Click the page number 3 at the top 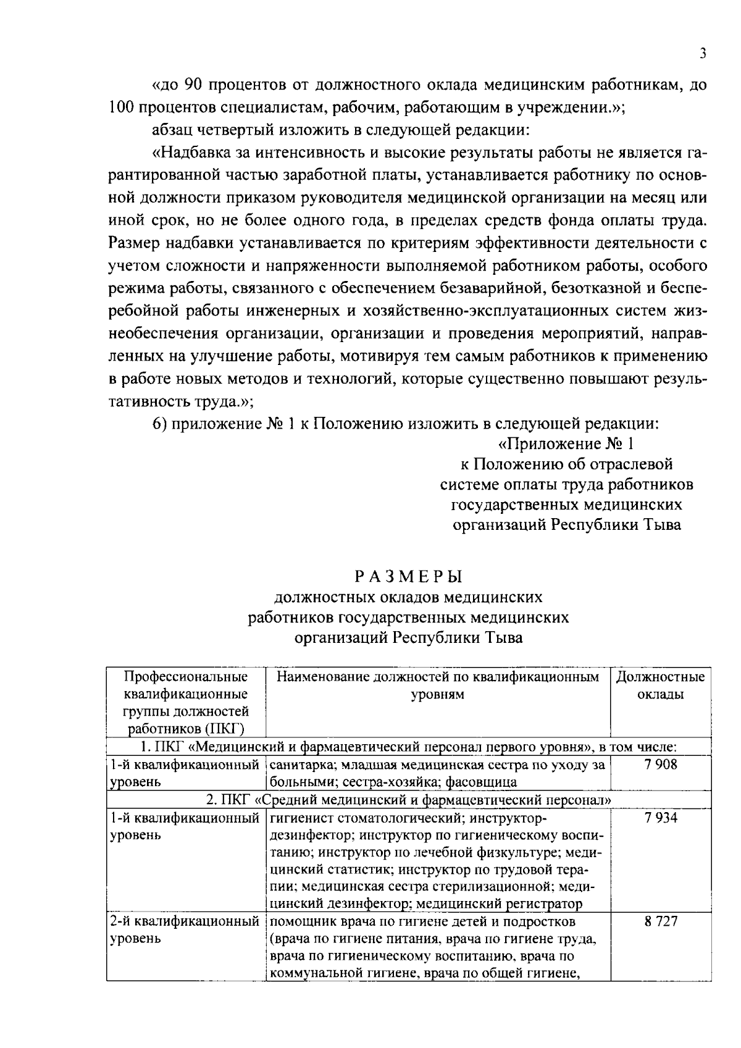click(703, 54)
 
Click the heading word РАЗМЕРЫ click(409, 577)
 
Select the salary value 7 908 click(660, 765)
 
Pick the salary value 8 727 click(660, 922)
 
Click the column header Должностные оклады click(660, 685)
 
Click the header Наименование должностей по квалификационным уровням click(437, 685)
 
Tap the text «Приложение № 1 click(566, 444)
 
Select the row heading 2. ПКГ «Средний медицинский click(408, 800)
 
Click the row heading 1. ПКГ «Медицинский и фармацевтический click(408, 747)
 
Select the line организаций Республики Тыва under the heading click(408, 637)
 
